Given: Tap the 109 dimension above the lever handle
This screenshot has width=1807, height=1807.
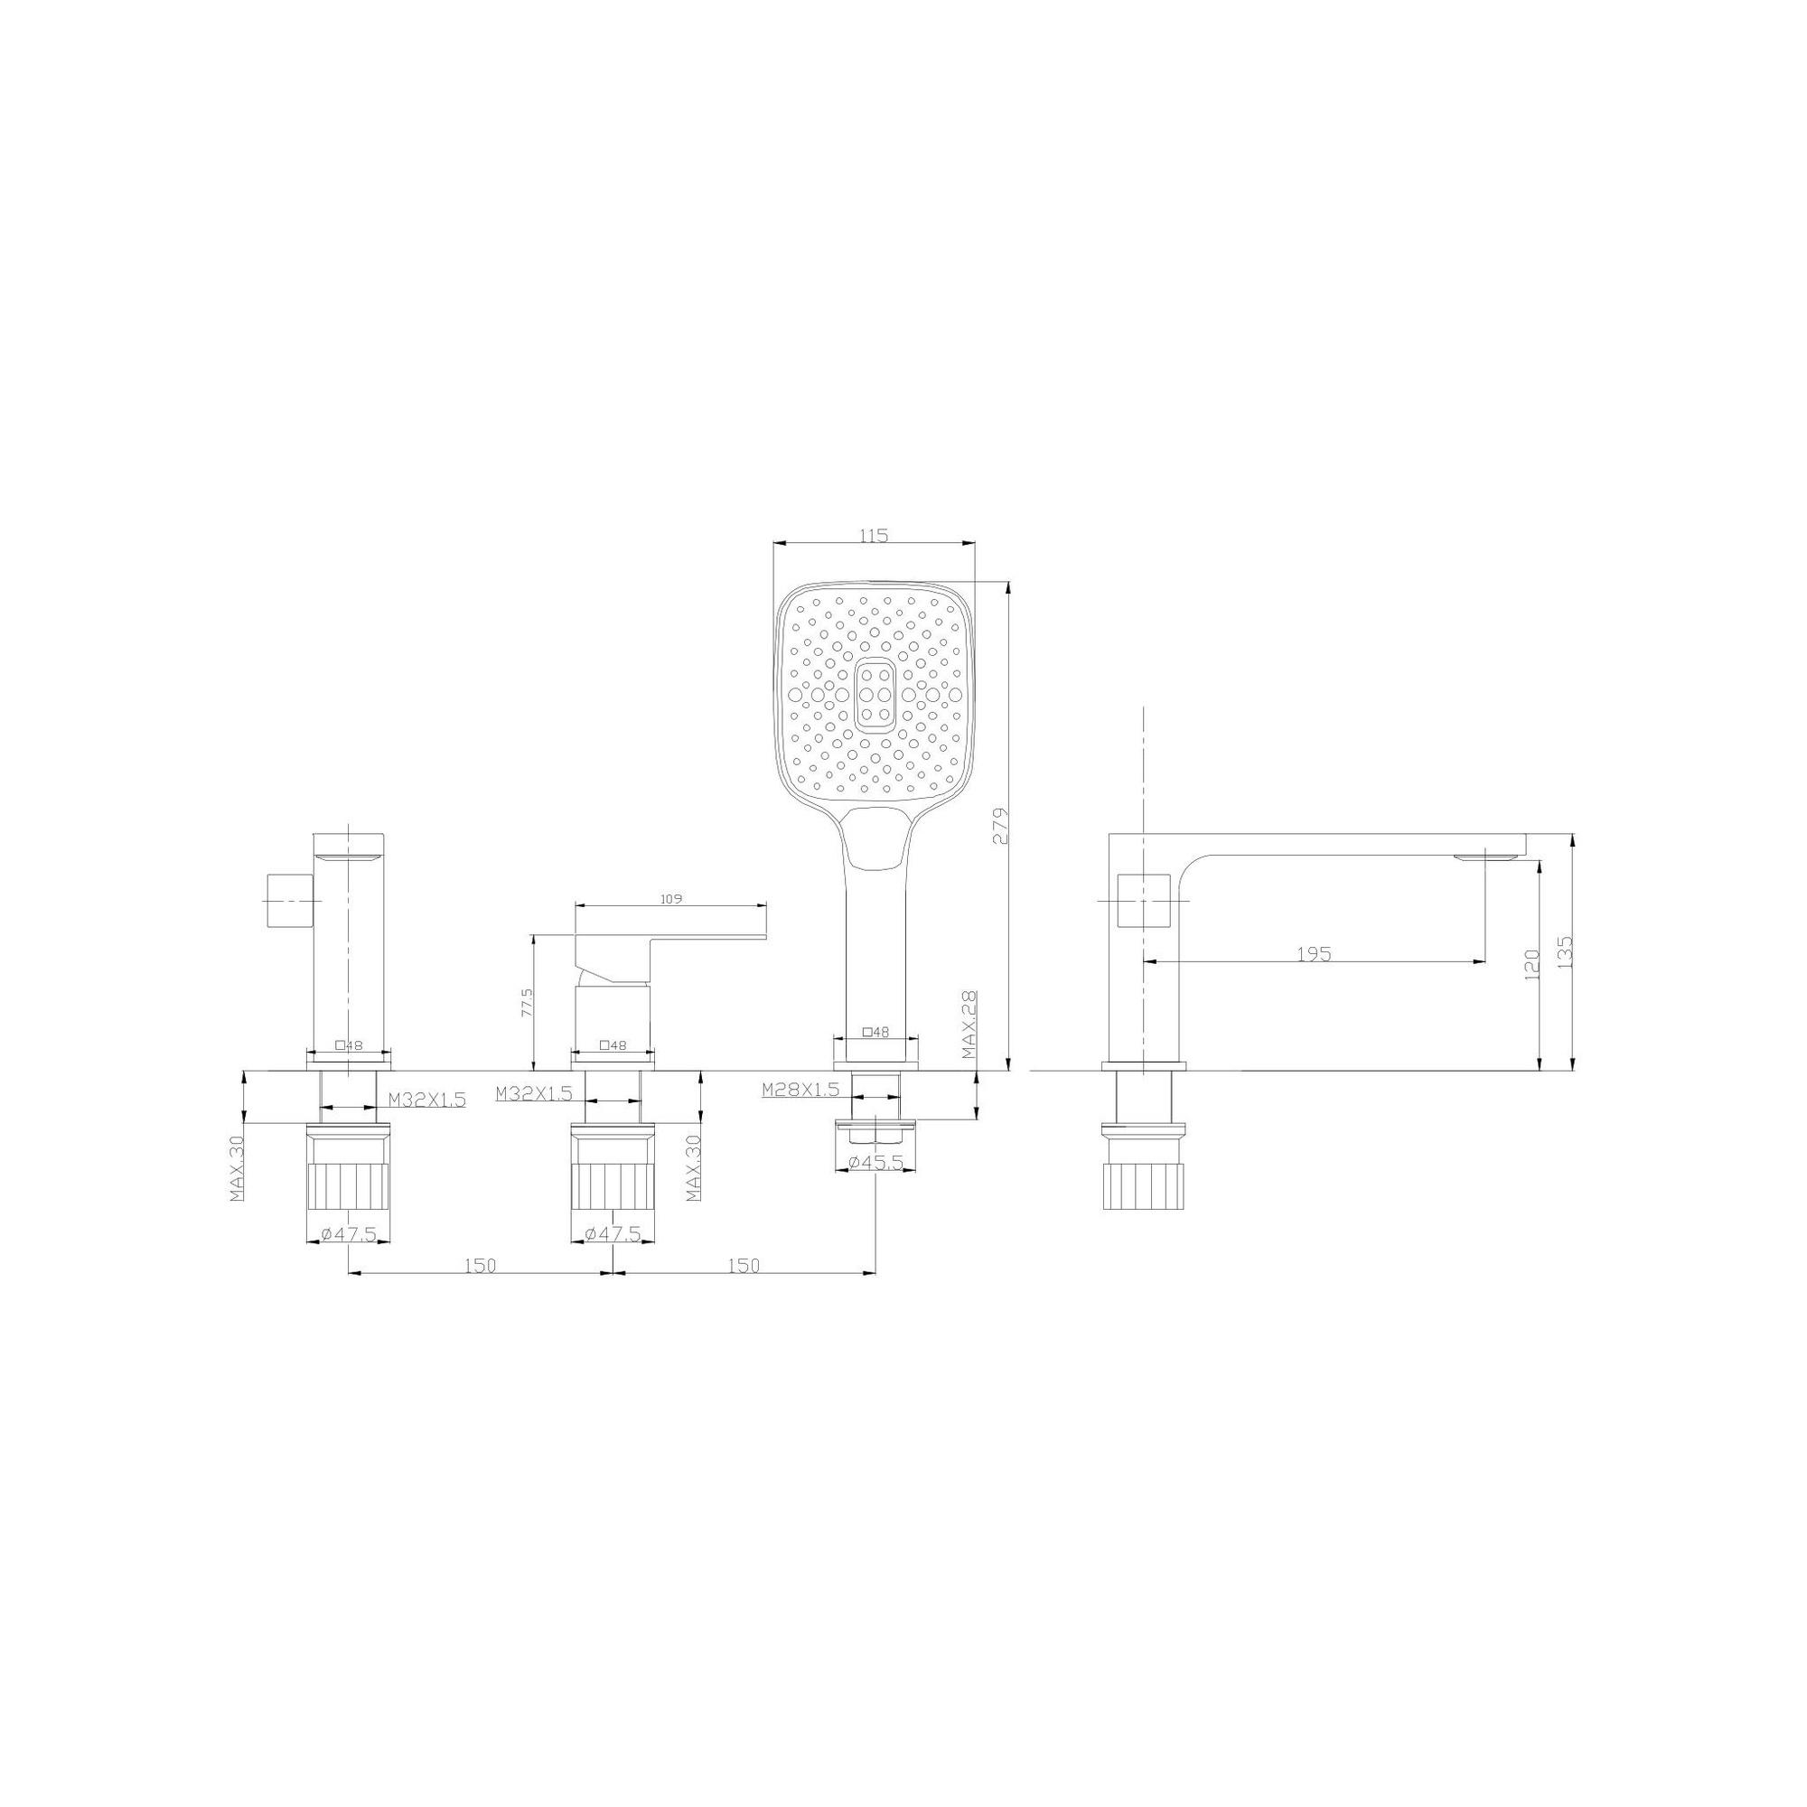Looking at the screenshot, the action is pyautogui.click(x=670, y=899).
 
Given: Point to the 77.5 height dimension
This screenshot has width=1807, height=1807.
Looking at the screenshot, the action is pyautogui.click(x=527, y=1003).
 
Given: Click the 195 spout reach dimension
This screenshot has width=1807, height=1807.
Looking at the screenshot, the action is pyautogui.click(x=1314, y=954).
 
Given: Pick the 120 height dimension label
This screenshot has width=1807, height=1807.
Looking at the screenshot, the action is pyautogui.click(x=1532, y=965).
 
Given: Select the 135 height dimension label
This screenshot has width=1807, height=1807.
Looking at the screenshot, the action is pyautogui.click(x=1567, y=951).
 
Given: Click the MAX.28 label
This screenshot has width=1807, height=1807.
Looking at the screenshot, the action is pyautogui.click(x=969, y=1026).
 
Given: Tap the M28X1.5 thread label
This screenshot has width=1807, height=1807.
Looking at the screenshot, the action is pyautogui.click(x=801, y=1089).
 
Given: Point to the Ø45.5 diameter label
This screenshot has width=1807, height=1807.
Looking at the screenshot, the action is pyautogui.click(x=875, y=1163).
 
